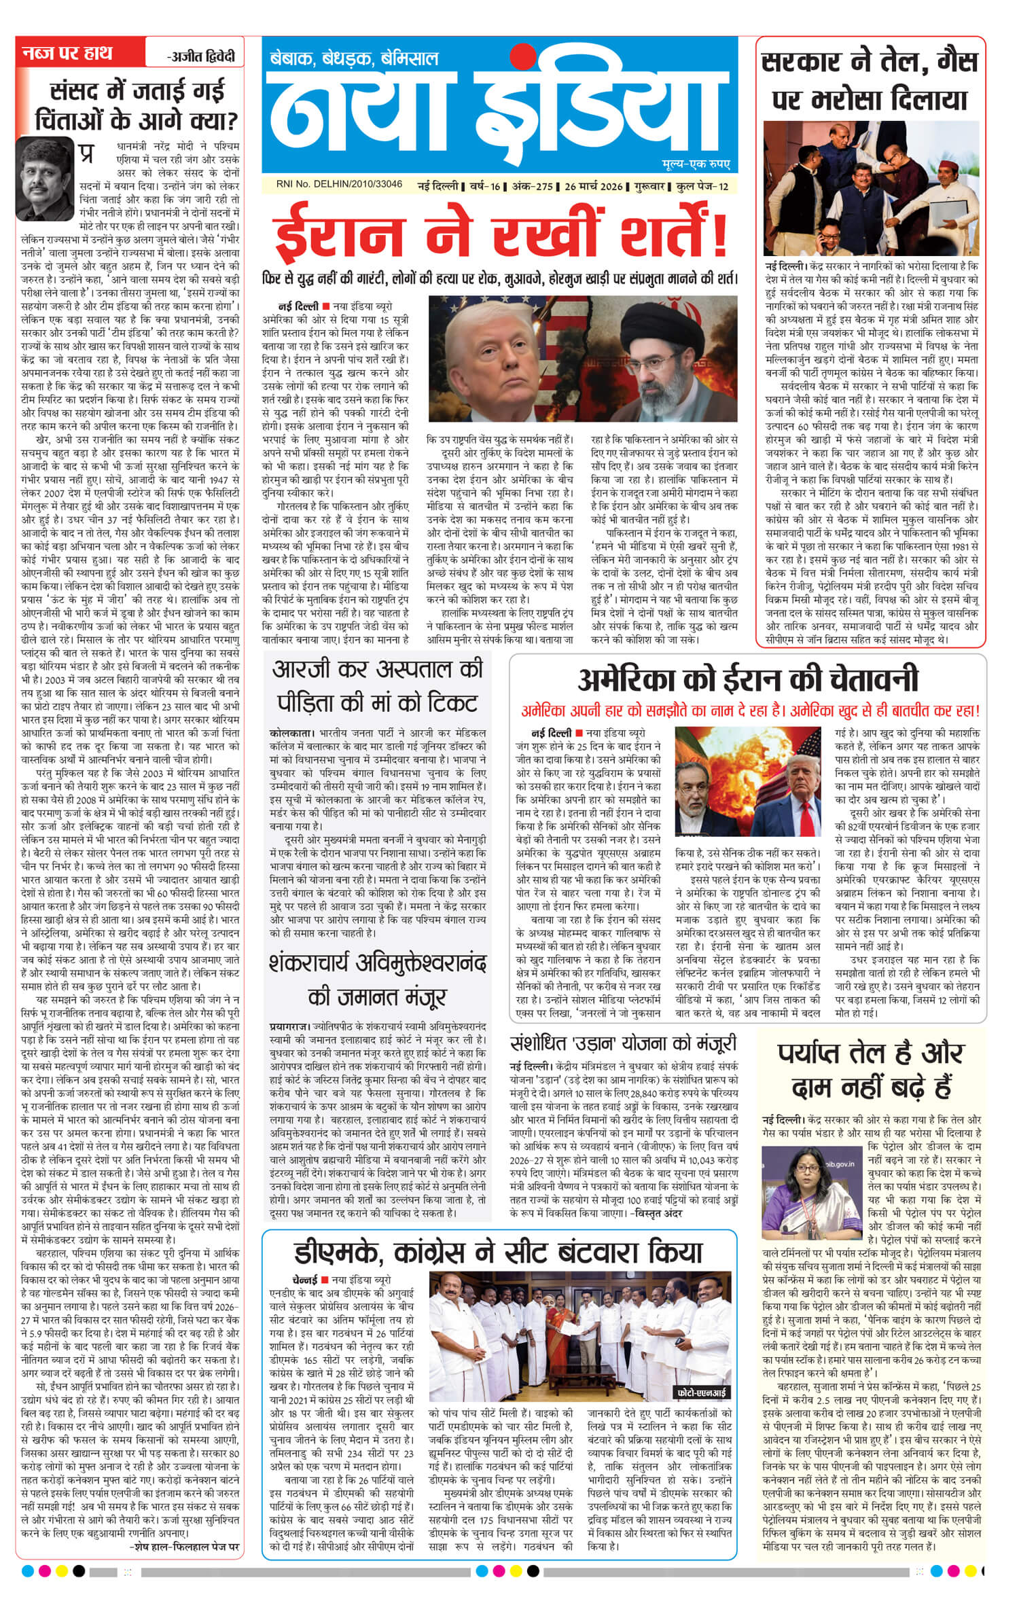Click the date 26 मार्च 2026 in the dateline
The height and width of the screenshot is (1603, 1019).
click(x=593, y=186)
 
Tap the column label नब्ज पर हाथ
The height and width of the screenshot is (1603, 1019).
click(x=67, y=53)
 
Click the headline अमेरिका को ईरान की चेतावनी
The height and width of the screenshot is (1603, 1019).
click(x=747, y=679)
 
